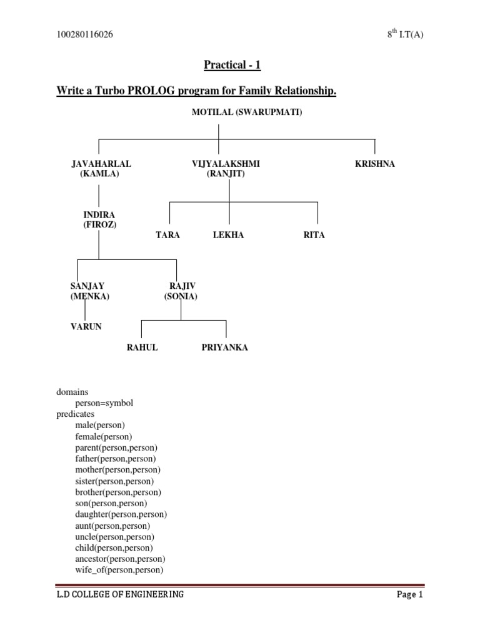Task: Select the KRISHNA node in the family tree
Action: [375, 164]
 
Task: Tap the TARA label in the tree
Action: [167, 235]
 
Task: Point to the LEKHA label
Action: [228, 235]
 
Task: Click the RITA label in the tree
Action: [314, 235]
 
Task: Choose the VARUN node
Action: [86, 326]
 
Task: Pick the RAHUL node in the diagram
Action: [142, 347]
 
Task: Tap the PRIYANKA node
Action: [224, 347]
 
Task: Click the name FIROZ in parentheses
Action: [99, 224]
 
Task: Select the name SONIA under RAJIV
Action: [181, 296]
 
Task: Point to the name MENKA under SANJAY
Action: [90, 296]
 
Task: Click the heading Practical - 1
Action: [232, 64]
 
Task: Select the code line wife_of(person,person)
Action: [119, 570]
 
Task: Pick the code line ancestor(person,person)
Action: [120, 559]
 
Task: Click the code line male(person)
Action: [100, 425]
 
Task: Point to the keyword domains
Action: [72, 392]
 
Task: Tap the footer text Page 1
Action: [409, 595]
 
